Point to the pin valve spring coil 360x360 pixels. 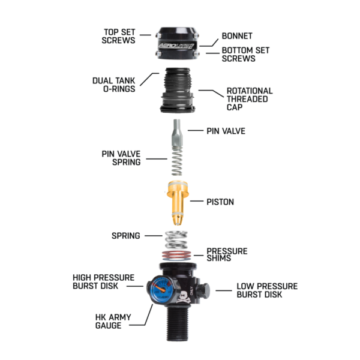click(177, 161)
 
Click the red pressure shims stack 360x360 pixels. click(176, 255)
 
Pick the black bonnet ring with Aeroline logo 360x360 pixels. click(177, 43)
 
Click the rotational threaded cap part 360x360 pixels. click(177, 90)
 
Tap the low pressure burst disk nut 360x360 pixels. click(203, 290)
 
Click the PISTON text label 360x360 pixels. click(220, 202)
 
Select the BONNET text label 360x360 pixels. click(237, 36)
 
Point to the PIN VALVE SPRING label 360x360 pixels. click(121, 158)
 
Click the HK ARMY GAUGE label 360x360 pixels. click(113, 322)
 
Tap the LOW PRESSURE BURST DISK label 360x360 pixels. click(267, 290)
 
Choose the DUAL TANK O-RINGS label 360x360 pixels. click(114, 85)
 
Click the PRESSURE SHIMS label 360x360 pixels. click(227, 254)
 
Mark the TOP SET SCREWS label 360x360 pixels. click(118, 36)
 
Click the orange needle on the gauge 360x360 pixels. click(160, 289)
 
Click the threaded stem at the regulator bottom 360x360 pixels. click(177, 323)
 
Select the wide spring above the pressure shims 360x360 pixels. click(176, 239)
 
